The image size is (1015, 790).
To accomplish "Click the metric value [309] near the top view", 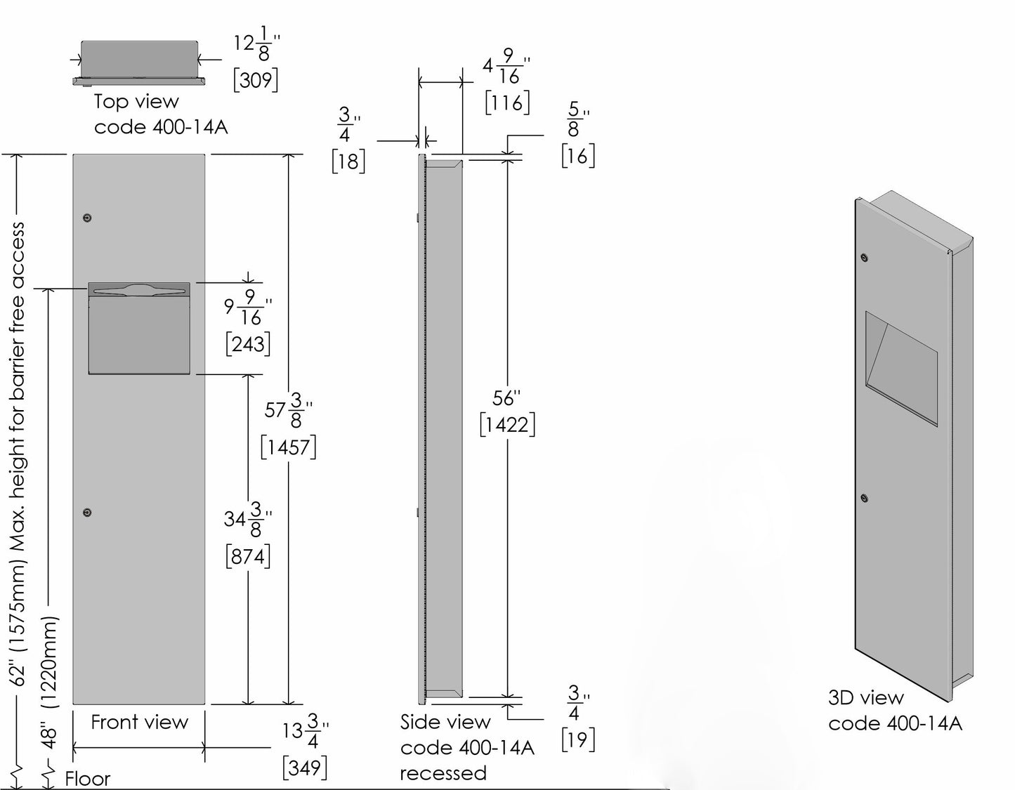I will point(256,80).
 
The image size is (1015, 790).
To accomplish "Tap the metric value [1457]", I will point(288,447).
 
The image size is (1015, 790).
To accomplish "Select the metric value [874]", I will point(248,557).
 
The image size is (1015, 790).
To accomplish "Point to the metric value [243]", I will point(248,344).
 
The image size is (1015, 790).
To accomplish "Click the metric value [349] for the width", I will point(305,768).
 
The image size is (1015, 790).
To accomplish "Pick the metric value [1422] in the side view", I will point(507,425).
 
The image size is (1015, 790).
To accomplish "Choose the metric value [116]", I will point(507,103).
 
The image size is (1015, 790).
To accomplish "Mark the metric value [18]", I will point(348,162).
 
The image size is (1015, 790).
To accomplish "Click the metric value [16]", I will point(578,156).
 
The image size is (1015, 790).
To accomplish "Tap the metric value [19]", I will point(578,739).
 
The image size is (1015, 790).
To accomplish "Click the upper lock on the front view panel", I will point(87,218).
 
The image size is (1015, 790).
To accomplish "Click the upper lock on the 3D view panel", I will point(865,258).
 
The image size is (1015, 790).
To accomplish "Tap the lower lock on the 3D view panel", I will point(865,498).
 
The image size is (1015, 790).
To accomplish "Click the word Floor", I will point(88,779).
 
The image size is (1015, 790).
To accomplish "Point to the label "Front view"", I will point(140,722).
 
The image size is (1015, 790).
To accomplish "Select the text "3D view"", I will point(865,698).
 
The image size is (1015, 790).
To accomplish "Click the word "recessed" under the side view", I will point(443,773).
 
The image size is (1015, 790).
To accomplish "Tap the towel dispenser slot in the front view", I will point(139,289).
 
